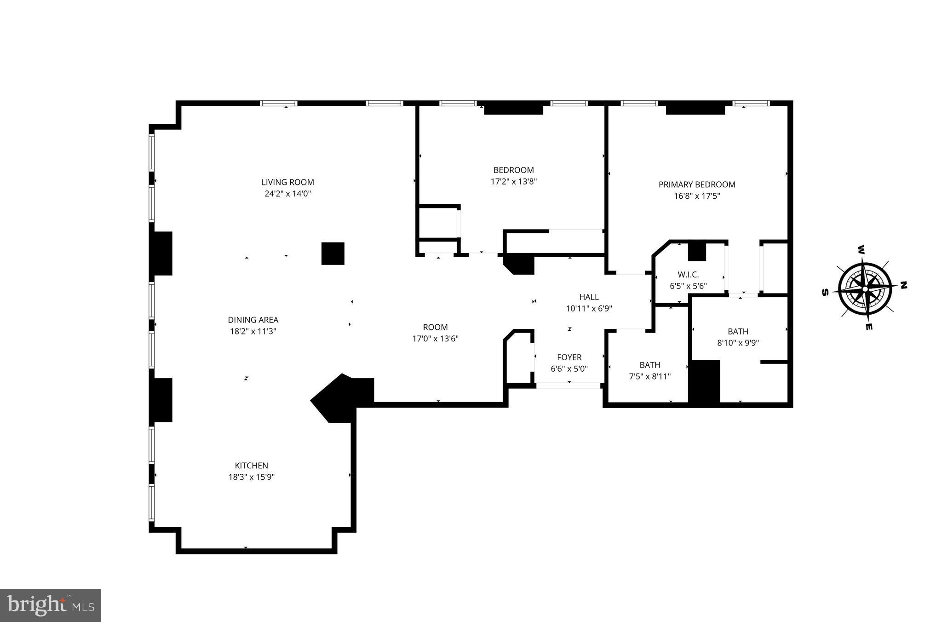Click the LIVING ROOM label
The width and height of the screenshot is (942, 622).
[287, 182]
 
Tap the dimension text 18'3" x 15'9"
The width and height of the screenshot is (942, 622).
[252, 477]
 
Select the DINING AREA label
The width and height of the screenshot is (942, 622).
[253, 320]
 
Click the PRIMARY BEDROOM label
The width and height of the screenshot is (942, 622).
[697, 184]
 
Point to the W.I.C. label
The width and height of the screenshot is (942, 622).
[688, 275]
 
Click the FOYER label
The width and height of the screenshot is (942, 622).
[569, 357]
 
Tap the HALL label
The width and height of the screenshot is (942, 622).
[589, 297]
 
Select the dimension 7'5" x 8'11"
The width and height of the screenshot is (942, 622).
[649, 376]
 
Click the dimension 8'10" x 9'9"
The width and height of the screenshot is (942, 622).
[738, 343]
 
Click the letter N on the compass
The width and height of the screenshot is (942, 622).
[903, 285]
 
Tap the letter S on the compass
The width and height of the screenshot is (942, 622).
[825, 293]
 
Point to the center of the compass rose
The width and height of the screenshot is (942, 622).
[865, 289]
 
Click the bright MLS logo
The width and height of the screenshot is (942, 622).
[51, 605]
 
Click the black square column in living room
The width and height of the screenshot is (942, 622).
[333, 253]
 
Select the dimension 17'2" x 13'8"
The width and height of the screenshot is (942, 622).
[514, 181]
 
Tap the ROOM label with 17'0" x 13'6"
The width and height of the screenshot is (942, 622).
[435, 327]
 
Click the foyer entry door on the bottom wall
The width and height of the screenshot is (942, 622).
[569, 386]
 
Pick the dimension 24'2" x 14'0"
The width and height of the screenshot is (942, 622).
[287, 194]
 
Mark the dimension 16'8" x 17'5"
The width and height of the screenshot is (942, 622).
[697, 196]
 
